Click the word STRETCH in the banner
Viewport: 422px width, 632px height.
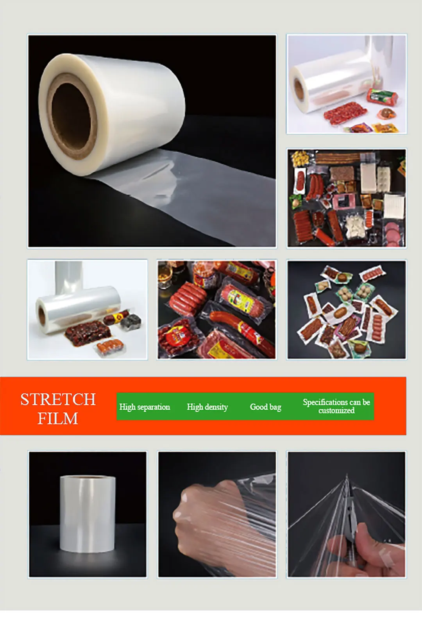click(x=58, y=399)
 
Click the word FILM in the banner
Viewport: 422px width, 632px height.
click(x=58, y=419)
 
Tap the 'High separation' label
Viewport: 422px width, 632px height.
click(x=145, y=407)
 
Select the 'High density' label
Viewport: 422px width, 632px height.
click(x=207, y=407)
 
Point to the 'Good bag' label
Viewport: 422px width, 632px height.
click(x=265, y=407)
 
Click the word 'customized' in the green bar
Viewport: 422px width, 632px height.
click(x=336, y=411)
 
